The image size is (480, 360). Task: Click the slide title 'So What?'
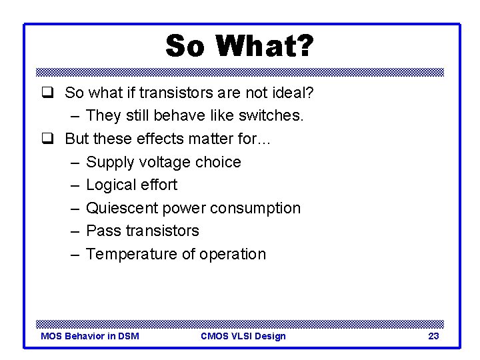(239, 47)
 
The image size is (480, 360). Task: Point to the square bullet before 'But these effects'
(47, 139)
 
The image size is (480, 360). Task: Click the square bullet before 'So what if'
(47, 93)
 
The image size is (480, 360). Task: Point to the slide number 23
(433, 336)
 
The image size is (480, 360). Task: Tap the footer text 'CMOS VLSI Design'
(243, 336)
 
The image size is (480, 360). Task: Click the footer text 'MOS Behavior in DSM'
(90, 336)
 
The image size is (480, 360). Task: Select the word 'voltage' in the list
(166, 162)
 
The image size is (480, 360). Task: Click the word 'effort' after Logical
(160, 185)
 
